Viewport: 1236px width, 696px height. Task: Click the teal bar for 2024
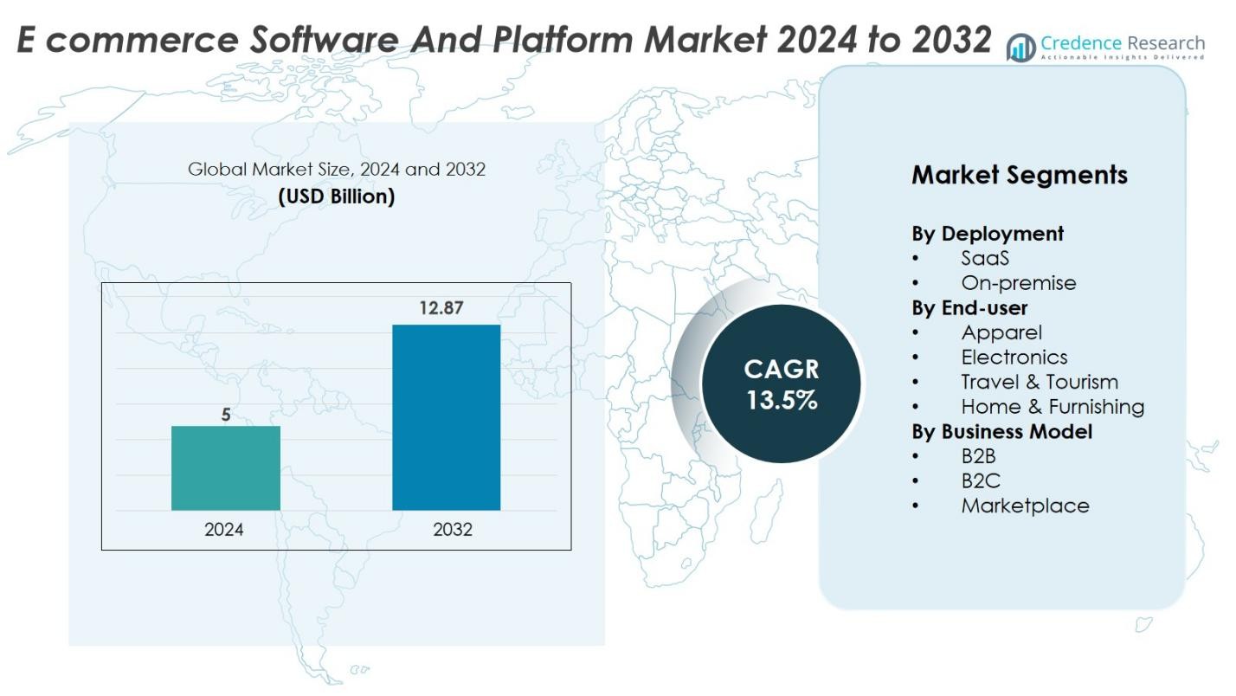(x=225, y=467)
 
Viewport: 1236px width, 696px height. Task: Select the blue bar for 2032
(x=446, y=417)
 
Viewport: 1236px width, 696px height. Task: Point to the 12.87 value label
(x=441, y=307)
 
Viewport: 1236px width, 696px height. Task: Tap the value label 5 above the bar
(x=226, y=415)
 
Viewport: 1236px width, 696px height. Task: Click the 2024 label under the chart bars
(x=224, y=530)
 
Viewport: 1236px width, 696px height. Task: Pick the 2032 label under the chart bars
(x=453, y=530)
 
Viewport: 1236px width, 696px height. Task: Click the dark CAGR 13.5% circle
(x=781, y=383)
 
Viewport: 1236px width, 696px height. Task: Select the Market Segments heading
(x=1019, y=175)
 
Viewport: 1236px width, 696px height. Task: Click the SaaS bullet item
(x=985, y=258)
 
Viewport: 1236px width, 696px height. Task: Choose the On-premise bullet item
(x=1019, y=283)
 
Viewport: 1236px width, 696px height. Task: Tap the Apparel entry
(x=1001, y=332)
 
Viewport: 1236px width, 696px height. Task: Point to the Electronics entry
(x=1014, y=357)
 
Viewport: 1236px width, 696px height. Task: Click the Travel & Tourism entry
(x=1052, y=382)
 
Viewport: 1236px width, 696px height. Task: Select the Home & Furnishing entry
(x=1053, y=406)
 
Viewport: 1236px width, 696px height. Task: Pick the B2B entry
(x=979, y=456)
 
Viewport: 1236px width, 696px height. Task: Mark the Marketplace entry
(x=1025, y=506)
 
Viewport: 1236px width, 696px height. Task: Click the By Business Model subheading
(x=1001, y=431)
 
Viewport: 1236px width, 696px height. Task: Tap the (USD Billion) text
(x=336, y=197)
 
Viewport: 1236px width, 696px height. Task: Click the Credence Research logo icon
(x=1021, y=48)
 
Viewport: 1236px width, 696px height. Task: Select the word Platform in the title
(x=580, y=39)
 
